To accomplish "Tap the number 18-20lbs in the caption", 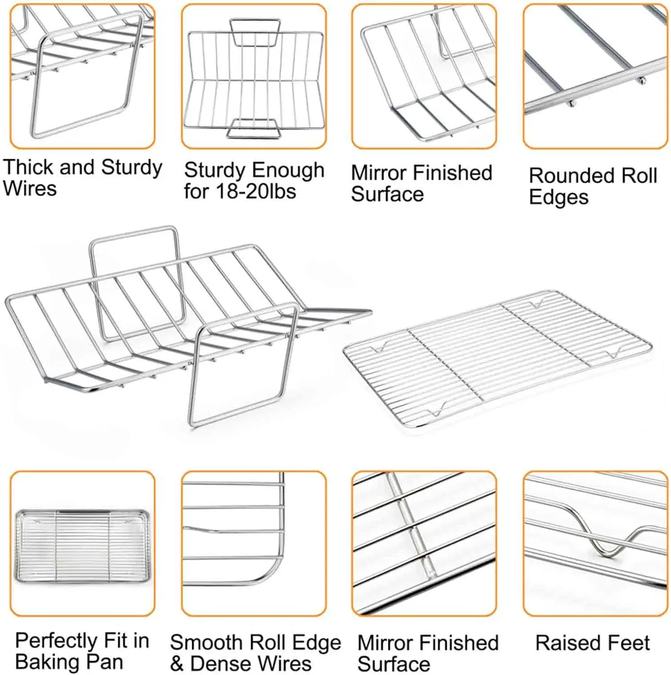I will click(256, 191).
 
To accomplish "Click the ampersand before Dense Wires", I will click(176, 664).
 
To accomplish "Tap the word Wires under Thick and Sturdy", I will click(30, 188).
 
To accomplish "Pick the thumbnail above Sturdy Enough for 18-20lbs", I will click(254, 76).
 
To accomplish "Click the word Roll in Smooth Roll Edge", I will click(267, 643).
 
